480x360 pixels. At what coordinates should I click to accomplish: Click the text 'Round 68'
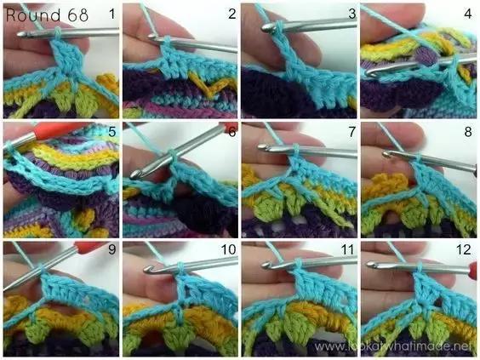47,15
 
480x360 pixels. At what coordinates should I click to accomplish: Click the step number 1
112,14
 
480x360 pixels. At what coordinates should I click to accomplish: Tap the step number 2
232,14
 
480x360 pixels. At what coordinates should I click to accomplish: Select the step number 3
352,14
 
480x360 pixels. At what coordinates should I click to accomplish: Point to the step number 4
468,14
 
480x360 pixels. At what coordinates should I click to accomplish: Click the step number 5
112,132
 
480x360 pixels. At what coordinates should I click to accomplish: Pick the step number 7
352,132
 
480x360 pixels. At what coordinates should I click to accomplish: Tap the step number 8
468,132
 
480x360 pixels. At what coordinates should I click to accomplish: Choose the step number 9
112,249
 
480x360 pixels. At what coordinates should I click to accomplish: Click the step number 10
229,249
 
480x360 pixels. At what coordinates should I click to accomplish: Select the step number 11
347,249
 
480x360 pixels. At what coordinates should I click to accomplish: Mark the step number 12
464,249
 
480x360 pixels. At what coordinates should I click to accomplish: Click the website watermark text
393,346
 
